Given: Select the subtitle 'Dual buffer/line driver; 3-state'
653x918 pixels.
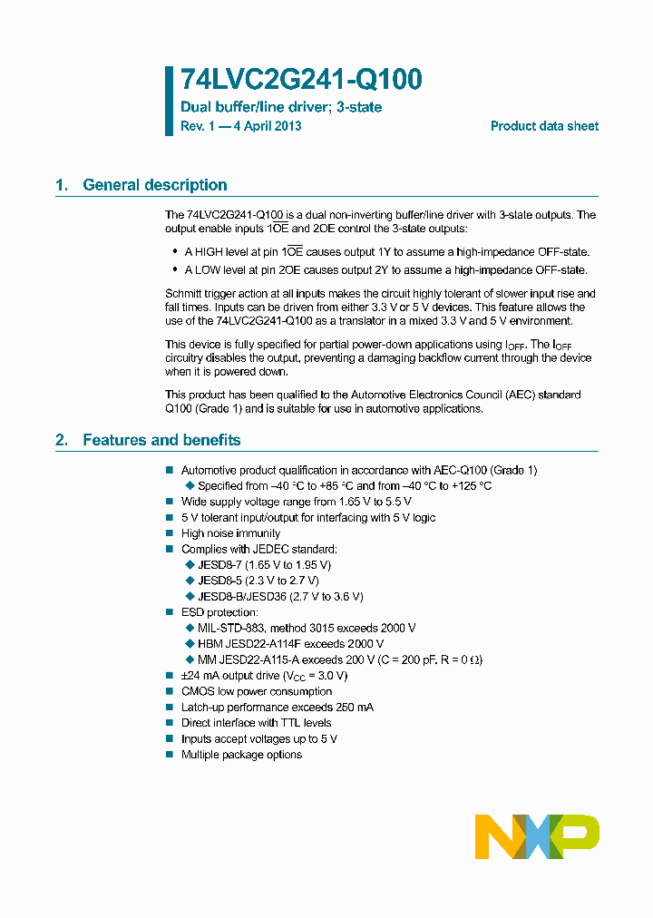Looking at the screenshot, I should pos(281,107).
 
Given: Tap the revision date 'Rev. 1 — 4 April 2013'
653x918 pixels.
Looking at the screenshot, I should pos(241,126).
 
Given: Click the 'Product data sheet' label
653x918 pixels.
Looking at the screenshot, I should pos(544,126).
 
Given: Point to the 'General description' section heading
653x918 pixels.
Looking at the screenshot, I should pos(154,185).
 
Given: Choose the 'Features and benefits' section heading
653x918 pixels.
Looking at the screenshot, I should pos(161,440).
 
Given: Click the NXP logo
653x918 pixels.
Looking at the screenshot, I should pos(537,836).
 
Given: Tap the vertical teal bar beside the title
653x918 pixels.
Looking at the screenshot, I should pos(169,101).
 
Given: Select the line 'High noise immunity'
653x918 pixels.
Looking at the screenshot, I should pos(230,533).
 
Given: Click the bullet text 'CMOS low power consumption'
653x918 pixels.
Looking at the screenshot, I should pos(257,691).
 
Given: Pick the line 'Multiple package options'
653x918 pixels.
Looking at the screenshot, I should pos(241,755).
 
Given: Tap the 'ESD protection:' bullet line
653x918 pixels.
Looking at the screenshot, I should pos(219,612).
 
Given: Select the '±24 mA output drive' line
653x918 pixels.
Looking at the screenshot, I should pos(264,676).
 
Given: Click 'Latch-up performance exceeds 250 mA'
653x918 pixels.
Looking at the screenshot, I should pos(277,707).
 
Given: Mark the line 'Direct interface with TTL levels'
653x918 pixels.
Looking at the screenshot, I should pos(256,723).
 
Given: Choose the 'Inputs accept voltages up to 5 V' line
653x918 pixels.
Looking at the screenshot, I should pos(258,738).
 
